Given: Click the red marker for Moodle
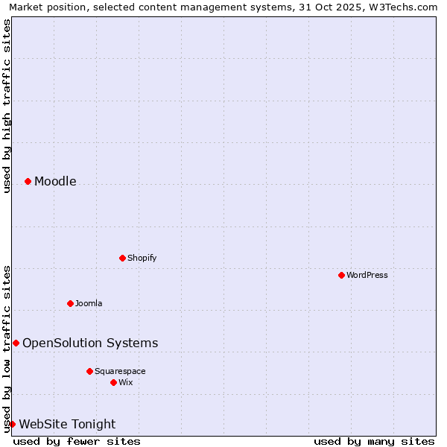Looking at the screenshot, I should [x=28, y=181].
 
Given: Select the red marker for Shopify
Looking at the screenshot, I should [x=122, y=258].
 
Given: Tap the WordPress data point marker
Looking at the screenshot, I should [x=341, y=275].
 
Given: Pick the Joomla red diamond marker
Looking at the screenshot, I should [x=70, y=303].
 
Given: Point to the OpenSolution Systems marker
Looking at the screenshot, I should [x=16, y=343].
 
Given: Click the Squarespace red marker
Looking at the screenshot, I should [x=89, y=371].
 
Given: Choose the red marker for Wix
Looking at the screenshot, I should [x=113, y=382].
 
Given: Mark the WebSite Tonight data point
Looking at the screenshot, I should [x=12, y=424].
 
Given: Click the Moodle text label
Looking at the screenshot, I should [x=55, y=181].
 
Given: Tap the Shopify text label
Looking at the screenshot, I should [x=142, y=258].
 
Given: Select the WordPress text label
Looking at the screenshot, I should [x=367, y=275].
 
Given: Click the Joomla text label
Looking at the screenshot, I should [x=89, y=303].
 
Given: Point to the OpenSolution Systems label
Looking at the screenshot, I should [x=90, y=343].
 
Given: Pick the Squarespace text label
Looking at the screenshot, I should [x=120, y=371].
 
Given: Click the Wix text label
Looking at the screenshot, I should [x=125, y=382].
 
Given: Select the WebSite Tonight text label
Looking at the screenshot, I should [x=67, y=424].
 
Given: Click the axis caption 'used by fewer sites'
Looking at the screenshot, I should [x=77, y=441].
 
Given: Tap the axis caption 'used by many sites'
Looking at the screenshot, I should [x=374, y=441].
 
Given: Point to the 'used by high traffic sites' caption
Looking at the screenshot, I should [x=7, y=106].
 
